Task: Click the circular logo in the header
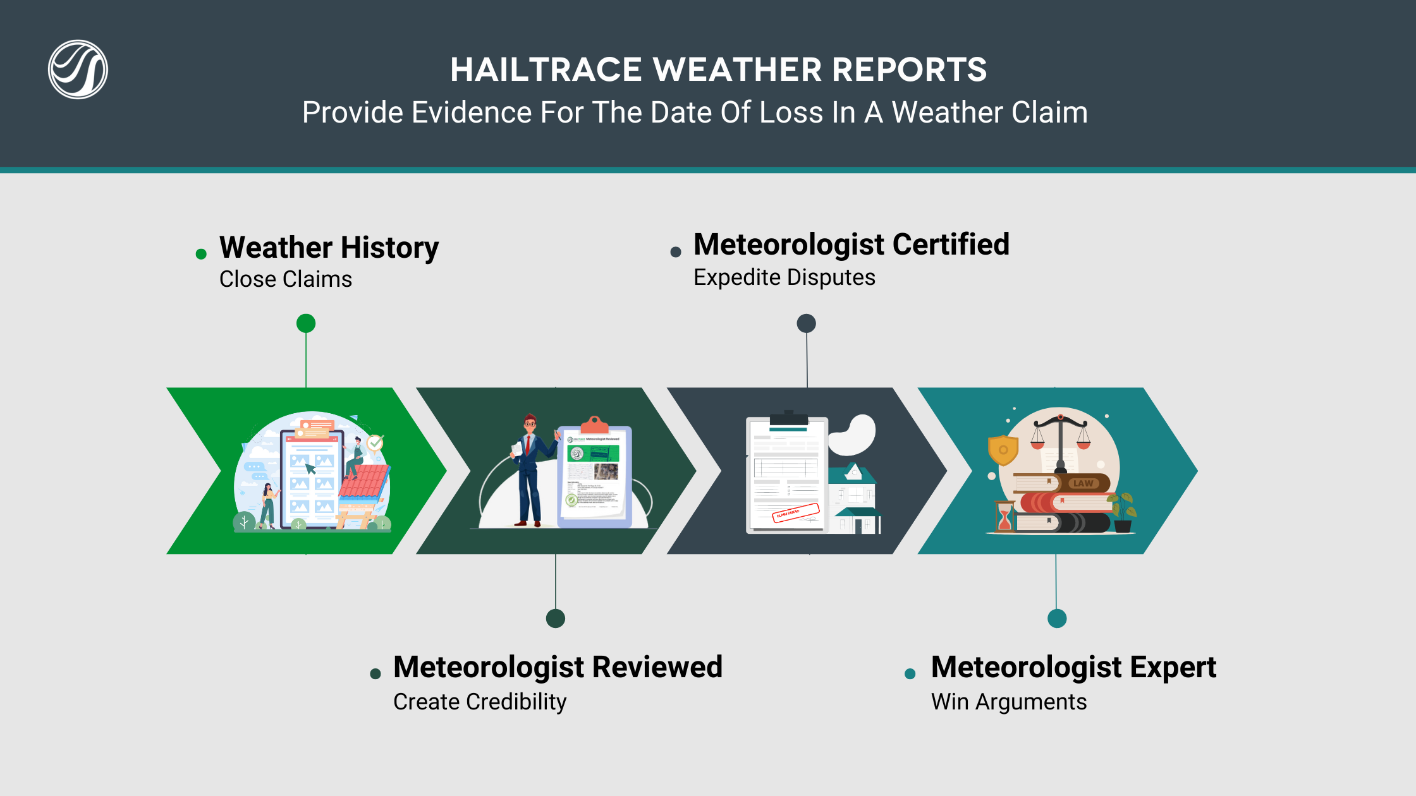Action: pos(78,69)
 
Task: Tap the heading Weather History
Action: pos(329,247)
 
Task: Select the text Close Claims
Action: pos(285,279)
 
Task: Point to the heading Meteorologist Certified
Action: pos(851,244)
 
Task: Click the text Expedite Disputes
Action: pos(784,277)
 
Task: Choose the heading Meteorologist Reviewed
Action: pos(558,667)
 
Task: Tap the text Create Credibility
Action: pos(480,702)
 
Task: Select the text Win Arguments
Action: pos(1008,702)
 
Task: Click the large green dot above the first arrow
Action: pos(306,323)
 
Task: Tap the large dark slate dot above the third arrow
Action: pos(806,323)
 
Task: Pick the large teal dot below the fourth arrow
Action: pos(1057,618)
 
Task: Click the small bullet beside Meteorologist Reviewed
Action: pos(375,674)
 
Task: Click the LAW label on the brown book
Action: pos(1083,483)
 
